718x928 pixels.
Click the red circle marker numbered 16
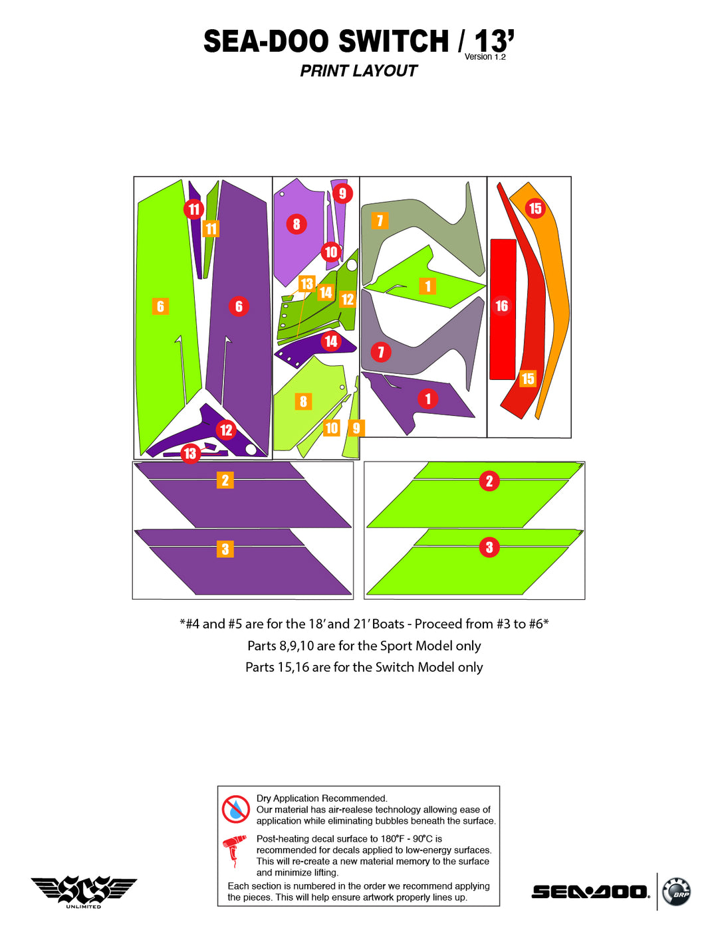pos(502,306)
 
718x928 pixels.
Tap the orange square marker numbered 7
pos(380,221)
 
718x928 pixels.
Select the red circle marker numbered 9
pos(342,193)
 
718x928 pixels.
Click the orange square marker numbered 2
pos(225,480)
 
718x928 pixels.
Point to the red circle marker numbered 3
pos(489,547)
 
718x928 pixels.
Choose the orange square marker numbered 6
pos(160,306)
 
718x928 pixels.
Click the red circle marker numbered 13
pos(190,454)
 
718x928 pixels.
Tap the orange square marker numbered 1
pos(427,286)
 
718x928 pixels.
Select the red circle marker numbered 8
pos(297,225)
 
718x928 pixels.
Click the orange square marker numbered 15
pos(528,379)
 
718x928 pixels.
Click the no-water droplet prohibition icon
pos(235,809)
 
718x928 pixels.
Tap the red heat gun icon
pos(234,850)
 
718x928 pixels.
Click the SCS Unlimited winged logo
pos(84,891)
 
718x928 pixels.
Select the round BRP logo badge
pos(677,891)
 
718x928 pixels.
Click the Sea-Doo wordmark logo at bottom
pos(590,892)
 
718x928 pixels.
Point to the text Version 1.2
pos(485,57)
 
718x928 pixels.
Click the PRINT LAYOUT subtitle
pos(358,71)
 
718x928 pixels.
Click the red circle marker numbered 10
pos(331,252)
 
